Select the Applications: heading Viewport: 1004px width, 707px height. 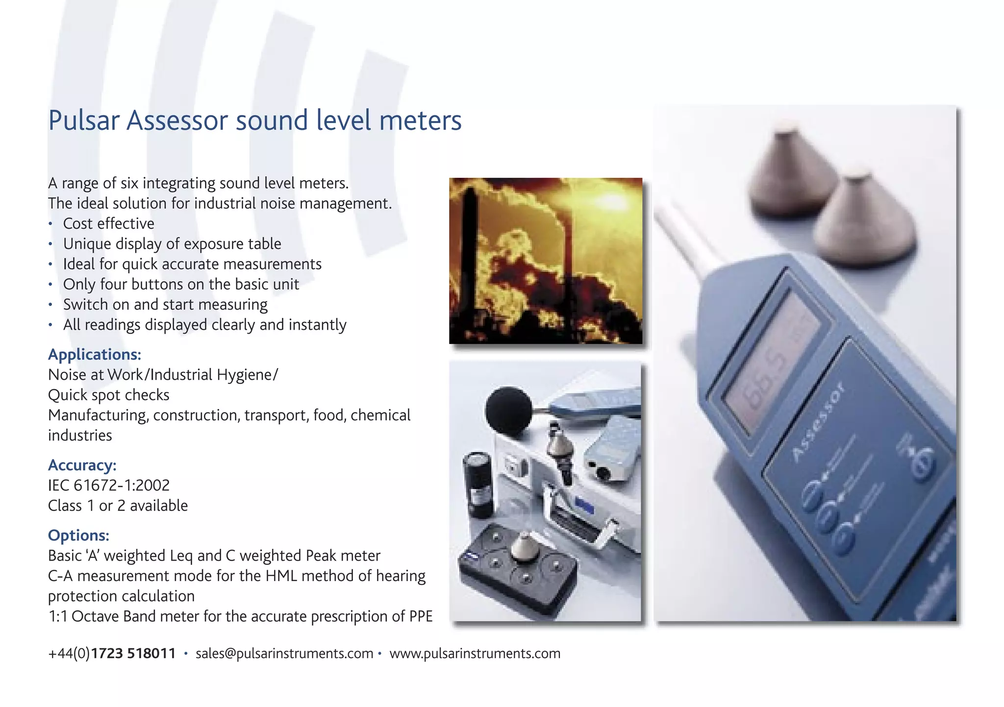[x=94, y=354]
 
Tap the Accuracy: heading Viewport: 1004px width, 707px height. [x=82, y=465]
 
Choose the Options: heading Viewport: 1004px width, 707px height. [x=78, y=535]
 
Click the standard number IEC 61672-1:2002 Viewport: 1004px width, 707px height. [x=108, y=485]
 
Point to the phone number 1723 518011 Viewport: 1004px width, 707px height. [x=133, y=653]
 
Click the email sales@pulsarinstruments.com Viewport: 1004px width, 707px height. [x=284, y=653]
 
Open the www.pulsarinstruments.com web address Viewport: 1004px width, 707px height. [x=475, y=653]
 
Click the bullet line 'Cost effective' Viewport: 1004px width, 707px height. [x=108, y=223]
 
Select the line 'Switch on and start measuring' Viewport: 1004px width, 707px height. [x=165, y=304]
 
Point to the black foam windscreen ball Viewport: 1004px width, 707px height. [x=508, y=411]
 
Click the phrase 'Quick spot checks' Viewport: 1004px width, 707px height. [x=108, y=395]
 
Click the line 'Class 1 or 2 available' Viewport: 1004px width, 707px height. [x=118, y=505]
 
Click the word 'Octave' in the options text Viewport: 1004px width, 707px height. [x=96, y=616]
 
